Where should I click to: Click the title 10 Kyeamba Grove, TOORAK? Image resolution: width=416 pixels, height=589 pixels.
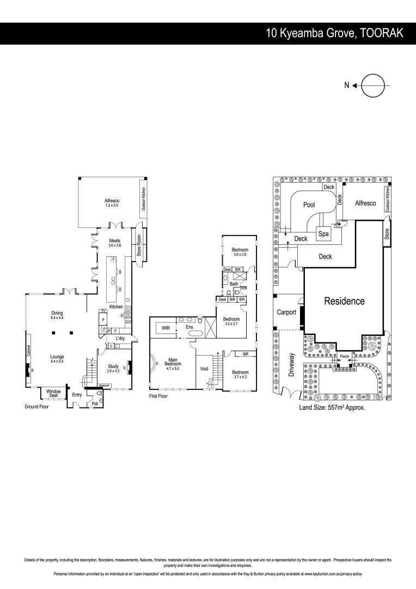(x=334, y=33)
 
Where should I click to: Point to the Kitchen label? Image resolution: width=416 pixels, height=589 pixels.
(x=116, y=307)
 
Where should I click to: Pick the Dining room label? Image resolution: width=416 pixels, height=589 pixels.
(x=57, y=315)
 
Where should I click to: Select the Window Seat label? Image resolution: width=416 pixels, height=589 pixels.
(x=53, y=393)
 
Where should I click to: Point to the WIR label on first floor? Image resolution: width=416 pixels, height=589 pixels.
(x=163, y=328)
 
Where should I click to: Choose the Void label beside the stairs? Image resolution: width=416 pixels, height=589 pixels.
(x=204, y=369)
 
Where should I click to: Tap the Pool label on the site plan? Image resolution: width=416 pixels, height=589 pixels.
(x=309, y=205)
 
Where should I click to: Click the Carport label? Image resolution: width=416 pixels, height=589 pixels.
(x=286, y=312)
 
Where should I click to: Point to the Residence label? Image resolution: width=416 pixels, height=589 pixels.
(x=344, y=300)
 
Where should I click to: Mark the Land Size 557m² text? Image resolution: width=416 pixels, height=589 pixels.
(x=332, y=407)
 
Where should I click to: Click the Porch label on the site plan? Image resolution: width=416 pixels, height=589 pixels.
(x=344, y=356)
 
